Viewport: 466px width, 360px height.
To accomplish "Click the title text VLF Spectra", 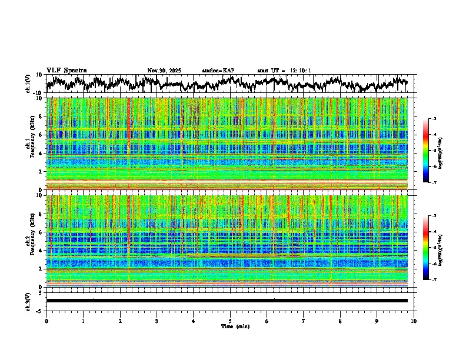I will tap(66, 70).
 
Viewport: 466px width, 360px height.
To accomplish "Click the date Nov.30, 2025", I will tap(164, 71).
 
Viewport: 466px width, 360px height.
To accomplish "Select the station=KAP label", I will tap(218, 71).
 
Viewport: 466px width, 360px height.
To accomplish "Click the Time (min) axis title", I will tap(235, 326).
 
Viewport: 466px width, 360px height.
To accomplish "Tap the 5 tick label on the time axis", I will tap(230, 321).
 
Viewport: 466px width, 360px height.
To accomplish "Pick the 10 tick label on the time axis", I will tap(414, 321).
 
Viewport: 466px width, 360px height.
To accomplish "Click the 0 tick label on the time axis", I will tap(46, 321).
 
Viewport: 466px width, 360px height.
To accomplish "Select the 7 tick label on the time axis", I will tap(304, 321).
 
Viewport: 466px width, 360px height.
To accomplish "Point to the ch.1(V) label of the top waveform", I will tap(29, 84).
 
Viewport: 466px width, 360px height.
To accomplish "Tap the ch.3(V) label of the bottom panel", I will tap(29, 300).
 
